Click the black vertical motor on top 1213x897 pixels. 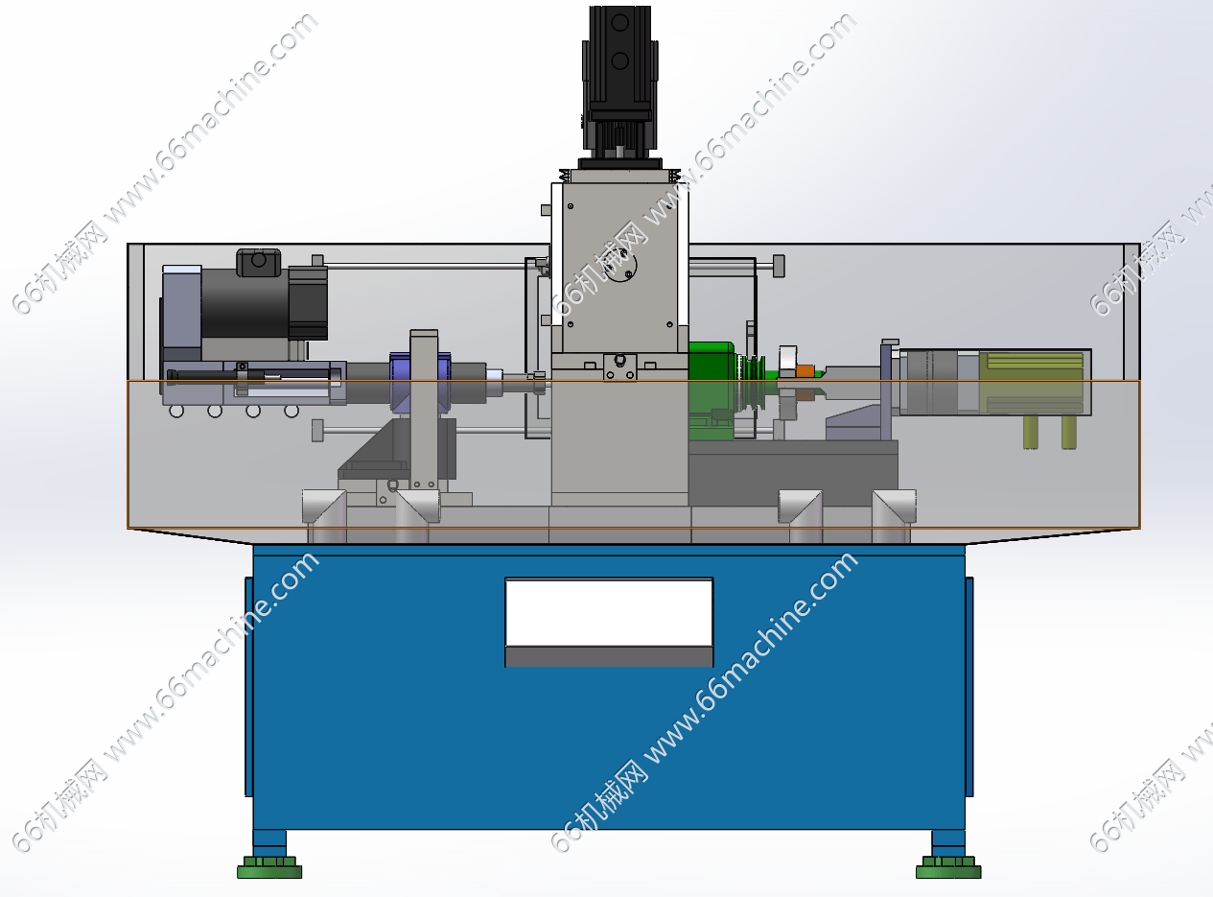pos(619,83)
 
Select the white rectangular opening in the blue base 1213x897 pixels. pos(609,613)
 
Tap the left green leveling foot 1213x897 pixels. pos(269,867)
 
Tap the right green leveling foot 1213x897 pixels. pos(948,867)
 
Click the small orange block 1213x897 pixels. pos(805,371)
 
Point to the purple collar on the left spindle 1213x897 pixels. pos(400,383)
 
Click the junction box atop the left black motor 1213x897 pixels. pos(259,263)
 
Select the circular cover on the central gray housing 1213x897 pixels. pos(621,267)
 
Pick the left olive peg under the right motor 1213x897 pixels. pos(1031,432)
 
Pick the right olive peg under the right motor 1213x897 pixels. pos(1069,432)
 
